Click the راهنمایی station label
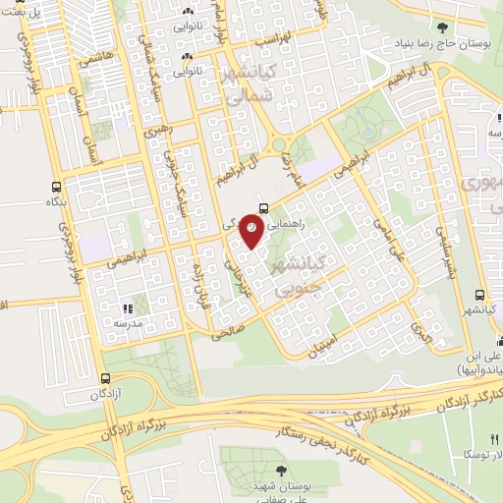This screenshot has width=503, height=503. pos(296,225)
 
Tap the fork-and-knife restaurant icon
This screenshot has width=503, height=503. pos(129,307)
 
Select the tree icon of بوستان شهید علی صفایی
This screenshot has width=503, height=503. pos(282,472)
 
